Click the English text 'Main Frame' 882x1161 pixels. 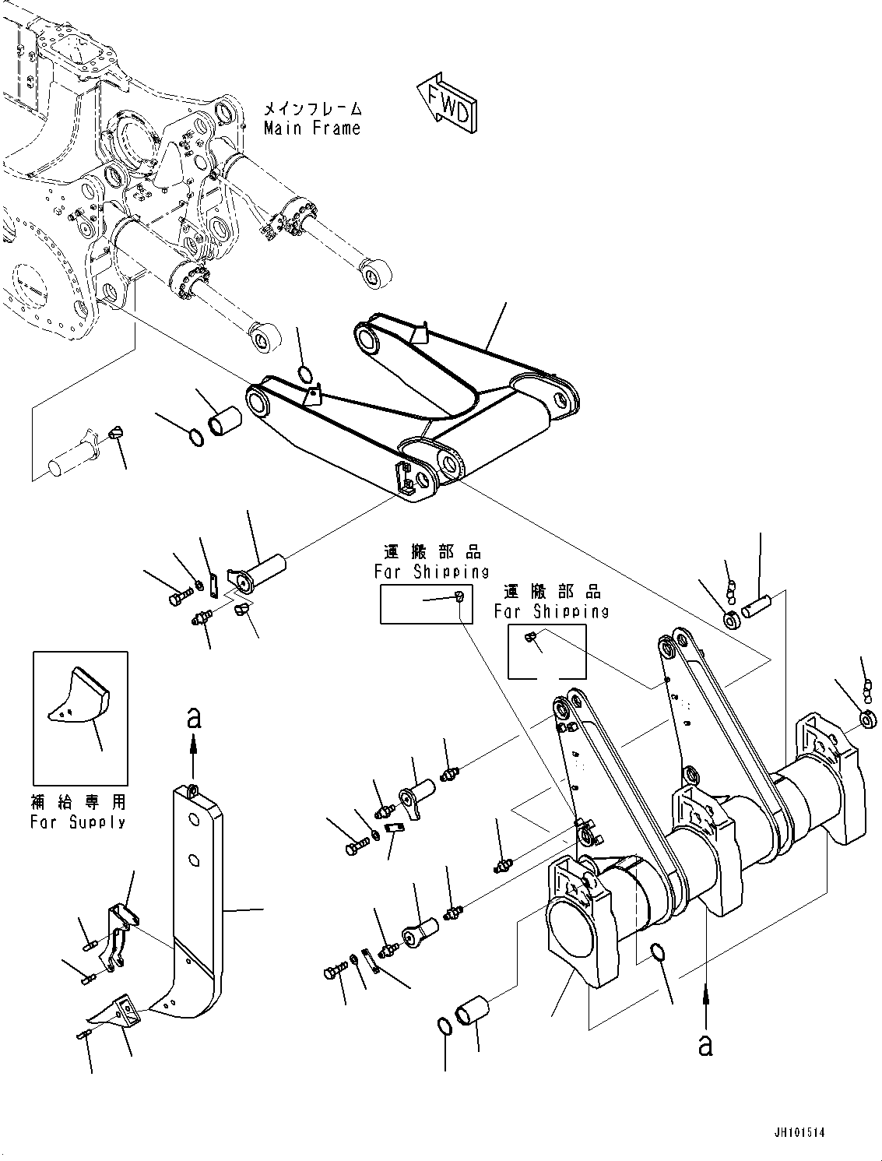click(312, 128)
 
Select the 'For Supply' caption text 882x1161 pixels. click(78, 821)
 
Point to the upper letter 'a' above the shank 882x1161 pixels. click(194, 717)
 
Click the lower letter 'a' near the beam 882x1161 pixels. click(705, 1046)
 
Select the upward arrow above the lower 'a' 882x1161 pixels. click(705, 1003)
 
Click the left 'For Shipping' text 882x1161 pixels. click(431, 572)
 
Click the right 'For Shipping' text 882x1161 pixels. click(552, 611)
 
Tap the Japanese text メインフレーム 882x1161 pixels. click(312, 109)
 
